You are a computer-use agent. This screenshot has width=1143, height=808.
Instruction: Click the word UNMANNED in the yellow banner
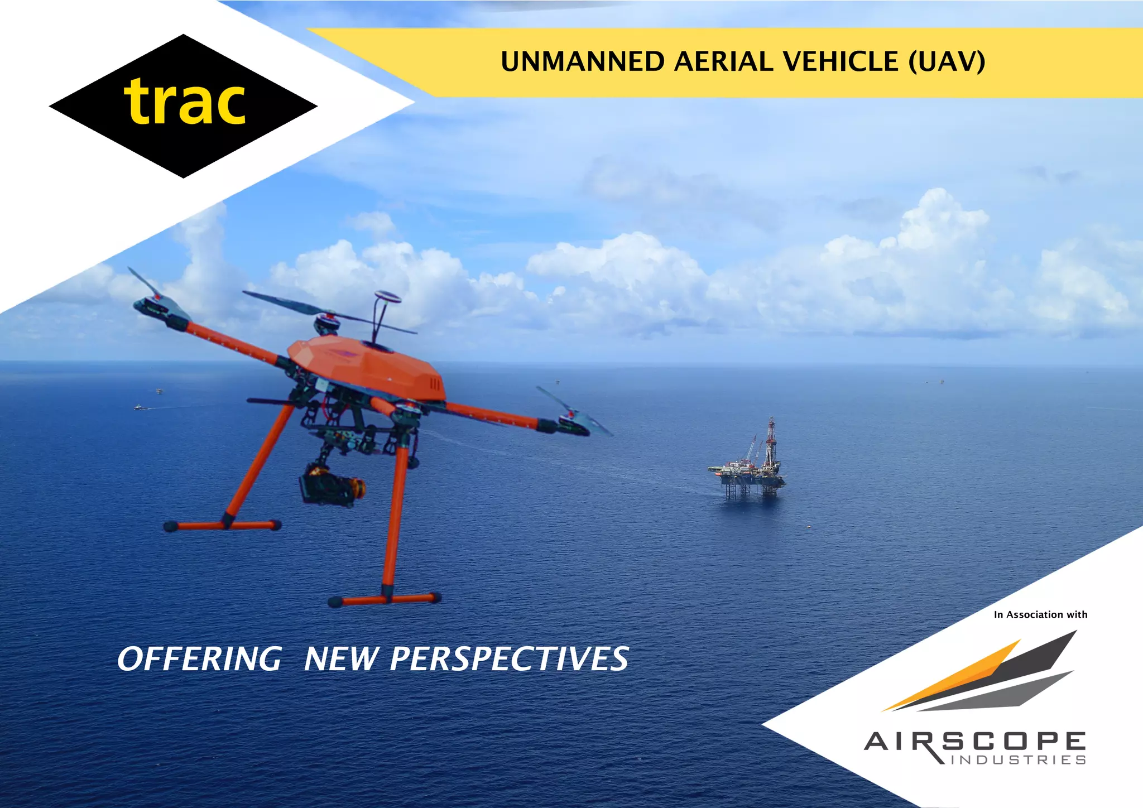click(582, 62)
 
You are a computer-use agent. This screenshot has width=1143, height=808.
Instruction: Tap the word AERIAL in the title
click(724, 62)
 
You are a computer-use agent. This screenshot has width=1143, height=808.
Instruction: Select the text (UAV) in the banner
click(947, 62)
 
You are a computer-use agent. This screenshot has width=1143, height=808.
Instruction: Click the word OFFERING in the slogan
click(199, 659)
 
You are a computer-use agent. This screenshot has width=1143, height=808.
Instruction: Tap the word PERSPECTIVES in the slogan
click(509, 659)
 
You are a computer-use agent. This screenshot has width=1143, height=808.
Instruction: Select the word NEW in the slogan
click(340, 659)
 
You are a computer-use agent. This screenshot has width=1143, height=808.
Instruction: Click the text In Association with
click(1040, 614)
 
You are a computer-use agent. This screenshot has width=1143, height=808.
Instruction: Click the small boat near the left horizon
click(138, 408)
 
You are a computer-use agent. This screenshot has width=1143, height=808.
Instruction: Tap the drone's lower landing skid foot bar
click(385, 600)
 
